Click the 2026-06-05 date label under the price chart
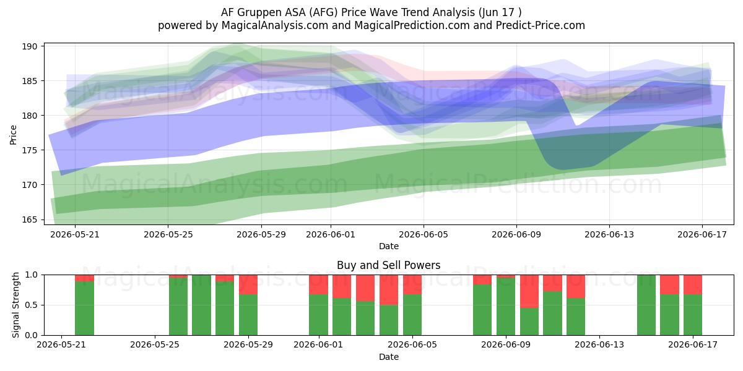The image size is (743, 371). pos(424,234)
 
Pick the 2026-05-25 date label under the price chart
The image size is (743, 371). pos(168,234)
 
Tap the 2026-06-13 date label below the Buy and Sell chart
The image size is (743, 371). pos(599,345)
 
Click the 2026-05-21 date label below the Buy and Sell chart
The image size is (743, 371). pos(61,345)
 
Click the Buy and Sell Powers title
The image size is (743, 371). pos(388,265)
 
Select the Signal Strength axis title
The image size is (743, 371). pos(15,305)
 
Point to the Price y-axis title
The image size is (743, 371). pos(13,135)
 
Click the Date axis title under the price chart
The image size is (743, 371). pos(389,246)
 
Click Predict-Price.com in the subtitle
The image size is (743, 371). pos(541,25)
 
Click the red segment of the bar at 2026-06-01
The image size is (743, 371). pos(318,284)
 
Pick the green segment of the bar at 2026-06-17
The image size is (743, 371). pos(693,315)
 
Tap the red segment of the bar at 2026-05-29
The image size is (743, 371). pos(248,284)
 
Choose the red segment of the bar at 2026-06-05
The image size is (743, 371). pos(412,284)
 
